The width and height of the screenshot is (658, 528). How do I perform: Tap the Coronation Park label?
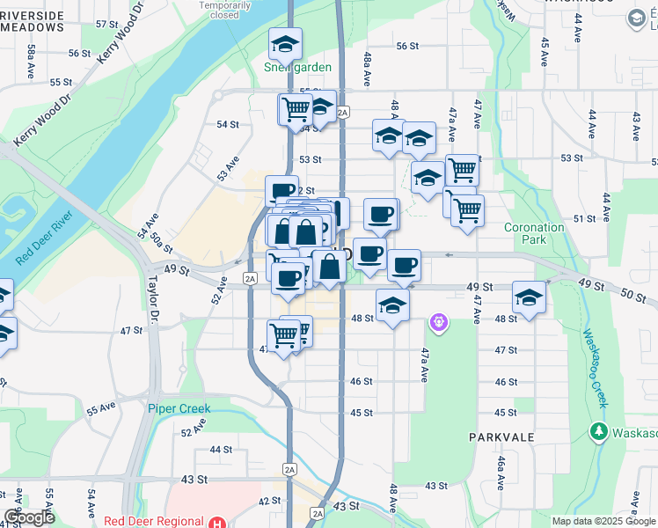[x=534, y=233]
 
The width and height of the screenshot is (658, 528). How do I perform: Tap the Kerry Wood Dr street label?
[x=121, y=33]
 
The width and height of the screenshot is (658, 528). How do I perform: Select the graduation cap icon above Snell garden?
[x=286, y=43]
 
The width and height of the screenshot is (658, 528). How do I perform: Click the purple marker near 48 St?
[x=439, y=325]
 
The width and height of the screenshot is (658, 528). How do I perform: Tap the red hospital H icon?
[x=217, y=521]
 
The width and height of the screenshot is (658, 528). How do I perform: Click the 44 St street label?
[x=220, y=450]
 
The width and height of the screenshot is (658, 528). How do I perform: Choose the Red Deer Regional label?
[x=153, y=521]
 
